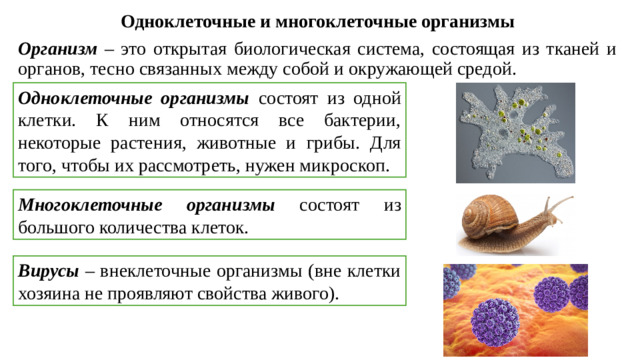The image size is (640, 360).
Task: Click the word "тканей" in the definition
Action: point(570,49)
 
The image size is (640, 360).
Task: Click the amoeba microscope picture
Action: point(516,132)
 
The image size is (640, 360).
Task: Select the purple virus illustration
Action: point(516,310)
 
